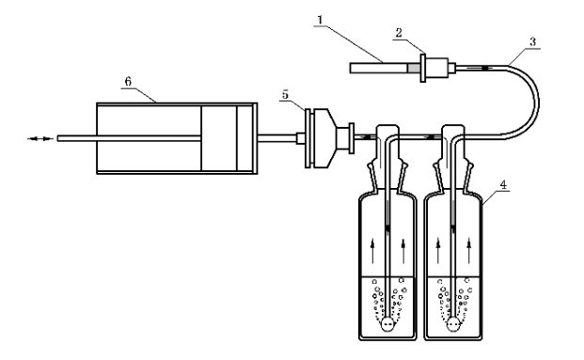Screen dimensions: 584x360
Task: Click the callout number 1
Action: click(320, 20)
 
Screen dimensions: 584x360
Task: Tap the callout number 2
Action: click(399, 33)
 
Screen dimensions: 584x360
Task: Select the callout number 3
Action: click(532, 41)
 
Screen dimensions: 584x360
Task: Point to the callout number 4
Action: click(503, 184)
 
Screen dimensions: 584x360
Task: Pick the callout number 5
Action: click(285, 95)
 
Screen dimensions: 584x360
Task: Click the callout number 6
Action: click(128, 82)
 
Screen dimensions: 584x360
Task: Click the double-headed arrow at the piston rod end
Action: click(40, 139)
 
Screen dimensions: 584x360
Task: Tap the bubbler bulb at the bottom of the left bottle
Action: click(387, 324)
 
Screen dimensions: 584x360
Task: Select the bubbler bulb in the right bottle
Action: click(453, 324)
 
